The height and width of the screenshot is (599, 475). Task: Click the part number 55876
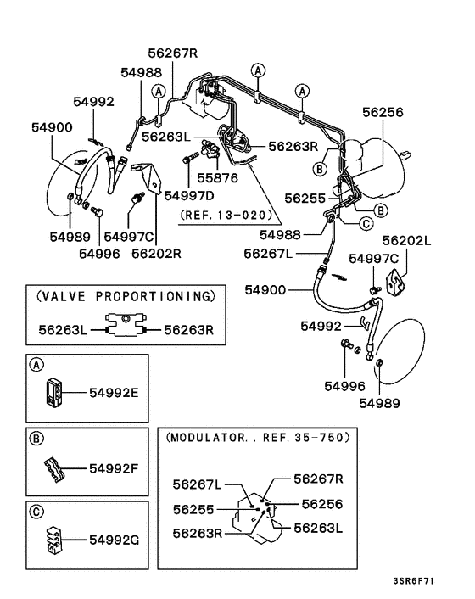(220, 179)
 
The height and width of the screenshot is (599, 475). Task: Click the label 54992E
(115, 393)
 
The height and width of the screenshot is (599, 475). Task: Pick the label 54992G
(115, 538)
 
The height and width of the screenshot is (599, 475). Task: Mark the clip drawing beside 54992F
(53, 467)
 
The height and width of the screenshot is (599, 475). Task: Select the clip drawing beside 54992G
(53, 537)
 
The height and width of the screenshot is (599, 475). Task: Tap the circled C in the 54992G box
(36, 512)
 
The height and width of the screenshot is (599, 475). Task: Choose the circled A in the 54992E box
(36, 366)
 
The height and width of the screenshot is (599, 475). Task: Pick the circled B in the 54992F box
(36, 439)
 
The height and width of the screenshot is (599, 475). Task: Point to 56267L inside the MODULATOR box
(196, 484)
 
